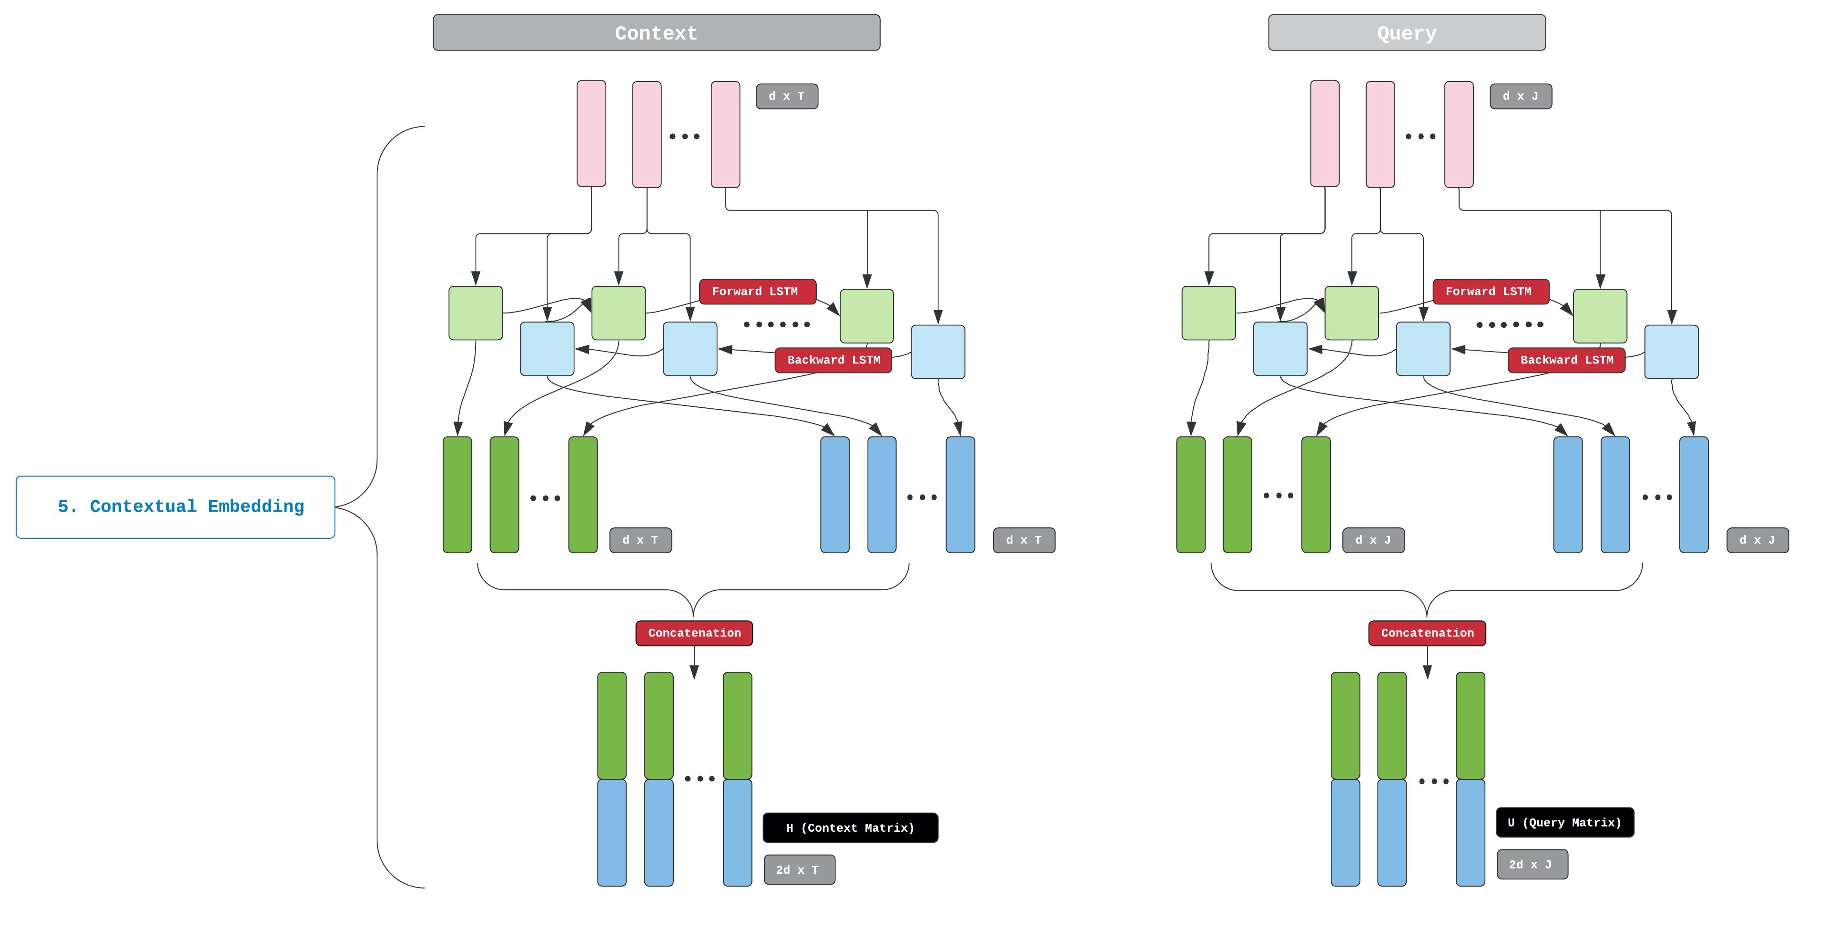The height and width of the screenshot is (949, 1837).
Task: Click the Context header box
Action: click(x=656, y=33)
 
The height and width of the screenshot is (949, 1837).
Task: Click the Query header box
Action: click(x=1406, y=33)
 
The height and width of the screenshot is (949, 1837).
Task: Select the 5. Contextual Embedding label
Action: click(x=175, y=507)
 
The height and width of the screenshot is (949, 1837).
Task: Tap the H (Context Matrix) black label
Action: click(x=850, y=828)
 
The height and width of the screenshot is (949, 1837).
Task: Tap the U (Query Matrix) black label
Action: click(x=1564, y=822)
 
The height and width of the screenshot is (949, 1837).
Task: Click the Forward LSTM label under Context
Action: click(x=757, y=292)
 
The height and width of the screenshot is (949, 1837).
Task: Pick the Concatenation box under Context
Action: click(x=694, y=633)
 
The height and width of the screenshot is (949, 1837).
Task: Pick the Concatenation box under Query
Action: click(x=1427, y=633)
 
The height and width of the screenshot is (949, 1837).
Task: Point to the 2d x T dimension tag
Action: click(x=799, y=870)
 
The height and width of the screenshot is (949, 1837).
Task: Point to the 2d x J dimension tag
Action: click(x=1532, y=864)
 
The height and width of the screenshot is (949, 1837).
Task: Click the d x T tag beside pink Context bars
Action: click(x=787, y=96)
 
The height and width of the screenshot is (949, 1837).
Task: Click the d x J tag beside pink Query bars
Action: click(x=1521, y=96)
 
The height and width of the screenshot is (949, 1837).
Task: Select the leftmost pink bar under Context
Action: click(x=591, y=134)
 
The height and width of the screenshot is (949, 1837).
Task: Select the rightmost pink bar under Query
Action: click(x=1458, y=134)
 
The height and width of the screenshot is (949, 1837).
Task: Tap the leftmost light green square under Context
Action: click(x=476, y=313)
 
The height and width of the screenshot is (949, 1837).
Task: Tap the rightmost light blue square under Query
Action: click(x=1671, y=352)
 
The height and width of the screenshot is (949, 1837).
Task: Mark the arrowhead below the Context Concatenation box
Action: click(x=694, y=672)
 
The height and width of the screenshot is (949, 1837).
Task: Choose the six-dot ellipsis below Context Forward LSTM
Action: click(x=777, y=324)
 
